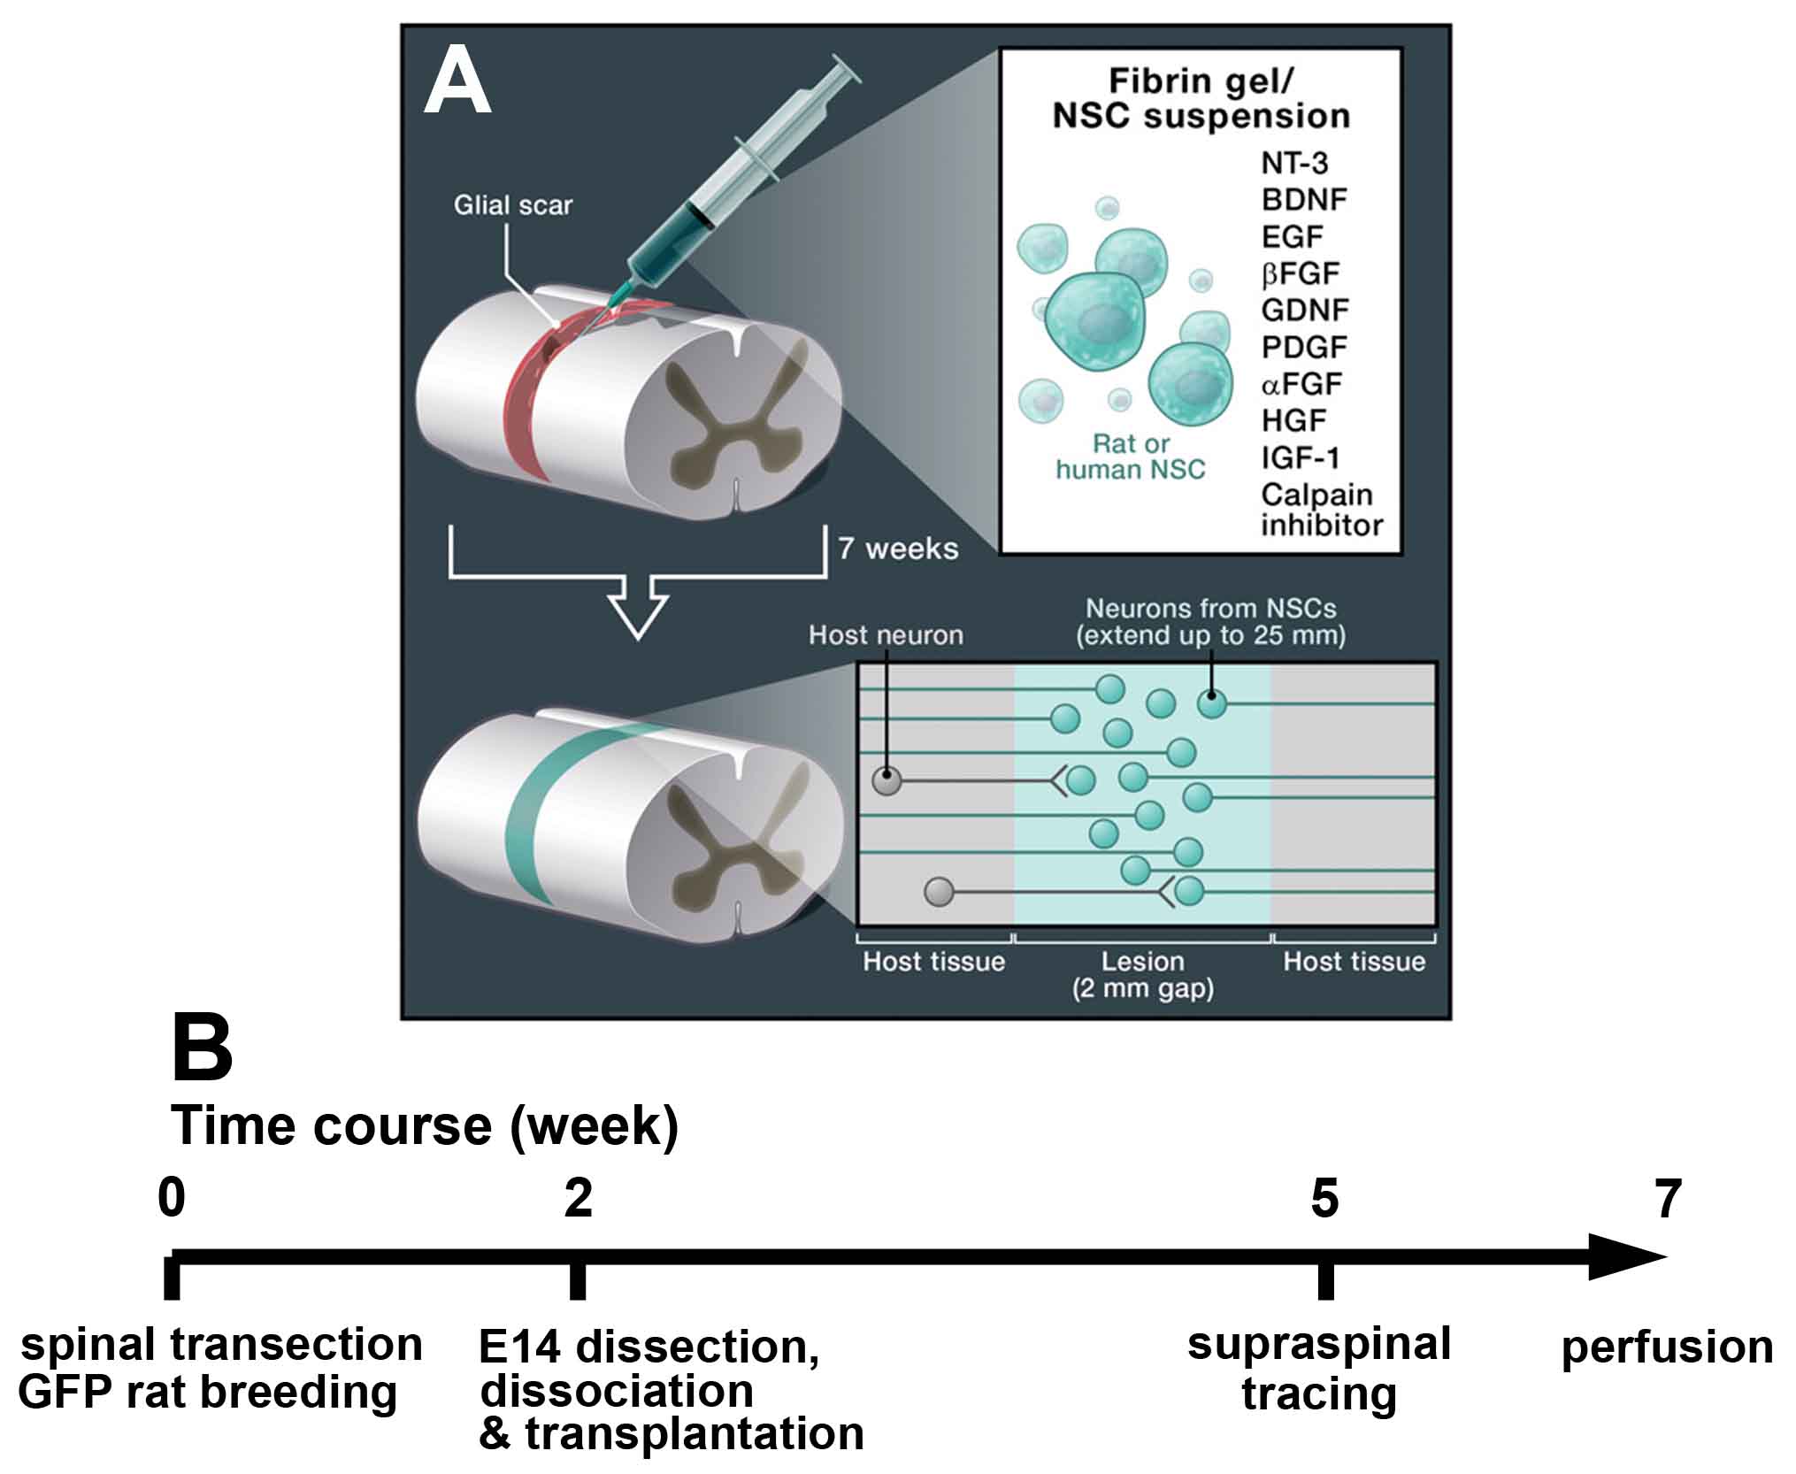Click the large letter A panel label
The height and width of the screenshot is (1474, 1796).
coord(457,82)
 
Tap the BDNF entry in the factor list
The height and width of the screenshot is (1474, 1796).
coord(1303,200)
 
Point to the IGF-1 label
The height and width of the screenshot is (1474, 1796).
coord(1300,457)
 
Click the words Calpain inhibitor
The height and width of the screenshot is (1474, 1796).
coord(1320,510)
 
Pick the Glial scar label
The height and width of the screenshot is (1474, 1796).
coord(512,205)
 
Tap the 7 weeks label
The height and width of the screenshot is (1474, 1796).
coord(898,549)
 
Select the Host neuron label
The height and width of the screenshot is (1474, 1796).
coord(886,635)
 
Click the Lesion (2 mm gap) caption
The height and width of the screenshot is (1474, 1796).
coord(1142,974)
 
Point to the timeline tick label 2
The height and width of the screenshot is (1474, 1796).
coord(578,1199)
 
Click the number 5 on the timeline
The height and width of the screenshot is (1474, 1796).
coord(1324,1199)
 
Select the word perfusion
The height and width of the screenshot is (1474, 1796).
coord(1667,1347)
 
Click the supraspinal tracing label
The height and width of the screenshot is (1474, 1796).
coord(1319,1369)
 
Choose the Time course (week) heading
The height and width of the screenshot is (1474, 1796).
coord(425,1126)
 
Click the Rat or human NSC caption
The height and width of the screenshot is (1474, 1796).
coord(1130,457)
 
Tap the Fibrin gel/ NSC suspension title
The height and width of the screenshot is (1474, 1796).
coord(1201,98)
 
